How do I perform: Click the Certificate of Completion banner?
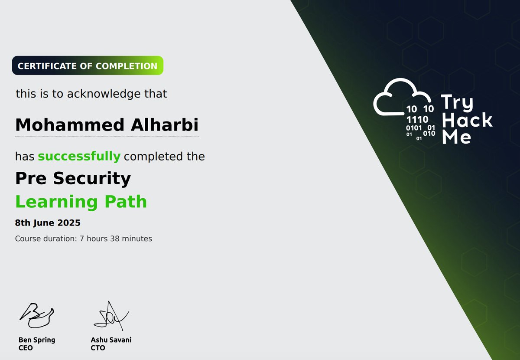(x=88, y=66)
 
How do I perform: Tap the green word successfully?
(x=79, y=156)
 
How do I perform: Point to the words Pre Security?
(x=73, y=178)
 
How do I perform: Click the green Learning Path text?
(x=81, y=202)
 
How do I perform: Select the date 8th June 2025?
(x=48, y=223)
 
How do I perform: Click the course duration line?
(x=84, y=238)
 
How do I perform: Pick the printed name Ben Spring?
(x=37, y=340)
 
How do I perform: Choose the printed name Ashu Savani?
(x=111, y=340)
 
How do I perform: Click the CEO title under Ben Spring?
(x=26, y=348)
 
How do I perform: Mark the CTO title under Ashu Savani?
(x=98, y=348)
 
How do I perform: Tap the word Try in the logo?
(x=457, y=103)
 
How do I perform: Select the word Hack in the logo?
(x=467, y=120)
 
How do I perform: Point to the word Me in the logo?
(x=456, y=137)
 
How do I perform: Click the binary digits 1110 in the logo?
(x=417, y=119)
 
